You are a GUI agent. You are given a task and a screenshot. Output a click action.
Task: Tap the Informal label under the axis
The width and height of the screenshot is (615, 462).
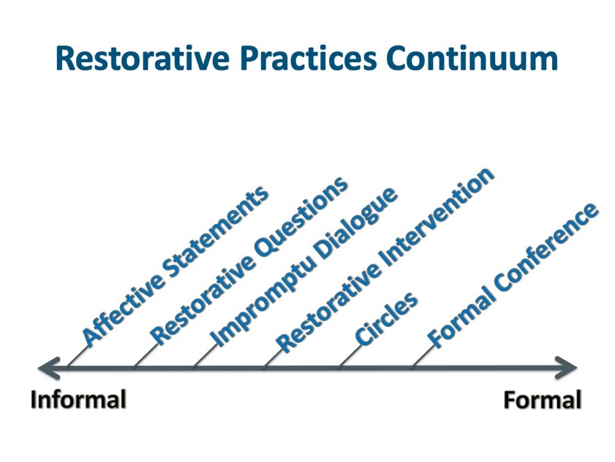pos(78,400)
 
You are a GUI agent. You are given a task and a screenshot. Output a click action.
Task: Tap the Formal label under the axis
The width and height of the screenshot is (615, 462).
pos(543,400)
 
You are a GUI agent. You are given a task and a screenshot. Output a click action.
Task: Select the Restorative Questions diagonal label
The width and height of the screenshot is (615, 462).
pos(249,260)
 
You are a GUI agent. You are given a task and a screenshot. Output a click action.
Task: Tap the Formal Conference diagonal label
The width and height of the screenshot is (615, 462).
pos(513,275)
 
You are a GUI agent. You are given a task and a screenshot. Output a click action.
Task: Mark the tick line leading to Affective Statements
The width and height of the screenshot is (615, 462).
pos(75,357)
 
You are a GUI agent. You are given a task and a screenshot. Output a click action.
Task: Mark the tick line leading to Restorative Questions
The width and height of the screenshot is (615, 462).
pos(144,357)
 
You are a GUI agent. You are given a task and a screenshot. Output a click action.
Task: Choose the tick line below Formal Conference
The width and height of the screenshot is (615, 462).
pos(420,357)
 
